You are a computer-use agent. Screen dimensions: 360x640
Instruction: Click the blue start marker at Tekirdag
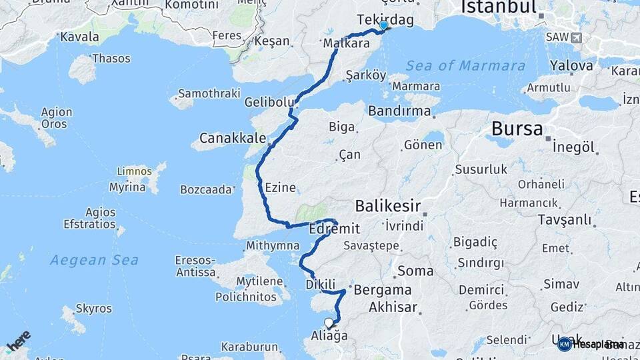(x=383, y=26)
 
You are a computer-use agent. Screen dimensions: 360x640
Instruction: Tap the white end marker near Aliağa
(x=328, y=323)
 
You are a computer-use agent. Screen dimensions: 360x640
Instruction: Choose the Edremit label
(x=335, y=229)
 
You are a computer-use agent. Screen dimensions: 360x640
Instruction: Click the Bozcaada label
(x=206, y=189)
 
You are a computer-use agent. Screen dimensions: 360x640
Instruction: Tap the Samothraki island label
(x=209, y=93)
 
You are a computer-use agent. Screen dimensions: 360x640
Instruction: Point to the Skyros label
(x=94, y=309)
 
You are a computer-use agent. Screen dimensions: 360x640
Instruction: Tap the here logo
(x=18, y=341)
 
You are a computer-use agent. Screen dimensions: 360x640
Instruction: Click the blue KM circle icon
(x=564, y=344)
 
